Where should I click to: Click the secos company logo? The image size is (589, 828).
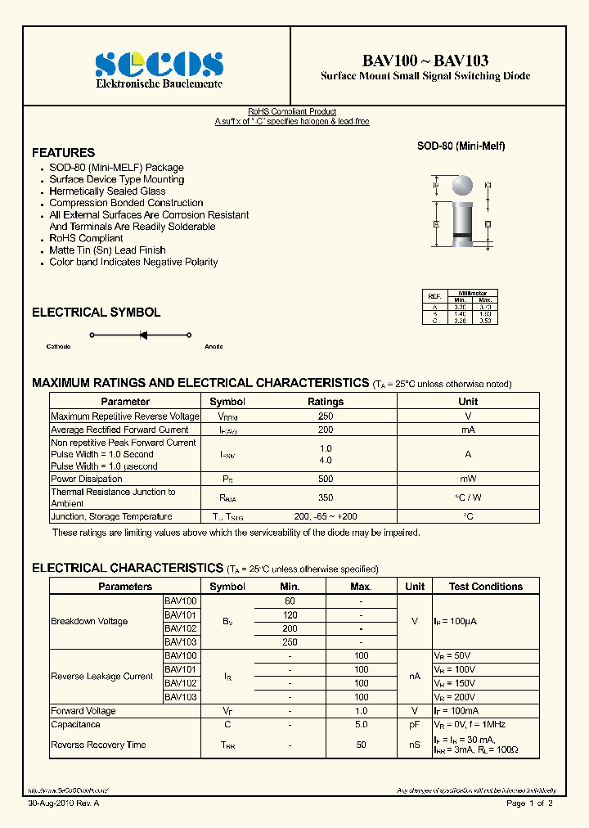tap(159, 64)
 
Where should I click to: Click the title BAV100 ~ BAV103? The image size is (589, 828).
tap(425, 61)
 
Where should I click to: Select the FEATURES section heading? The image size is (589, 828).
tap(63, 153)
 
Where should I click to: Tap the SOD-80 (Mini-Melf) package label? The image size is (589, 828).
tap(461, 146)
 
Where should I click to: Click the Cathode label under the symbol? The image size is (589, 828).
tap(58, 347)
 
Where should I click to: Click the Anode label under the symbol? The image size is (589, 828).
tap(214, 347)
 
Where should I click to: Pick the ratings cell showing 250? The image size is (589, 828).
tap(326, 416)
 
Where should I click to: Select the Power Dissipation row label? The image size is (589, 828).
tap(87, 479)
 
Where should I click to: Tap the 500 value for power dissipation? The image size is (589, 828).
tap(326, 479)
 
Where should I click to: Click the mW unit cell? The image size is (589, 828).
tap(468, 479)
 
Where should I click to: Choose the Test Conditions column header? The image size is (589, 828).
tap(486, 587)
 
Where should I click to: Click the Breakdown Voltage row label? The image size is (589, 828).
tap(89, 621)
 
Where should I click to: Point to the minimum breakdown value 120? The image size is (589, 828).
tap(290, 614)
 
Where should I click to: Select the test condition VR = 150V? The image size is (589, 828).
tap(454, 683)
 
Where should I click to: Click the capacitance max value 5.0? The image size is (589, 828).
tap(361, 724)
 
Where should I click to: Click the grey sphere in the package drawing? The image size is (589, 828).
tap(462, 185)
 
